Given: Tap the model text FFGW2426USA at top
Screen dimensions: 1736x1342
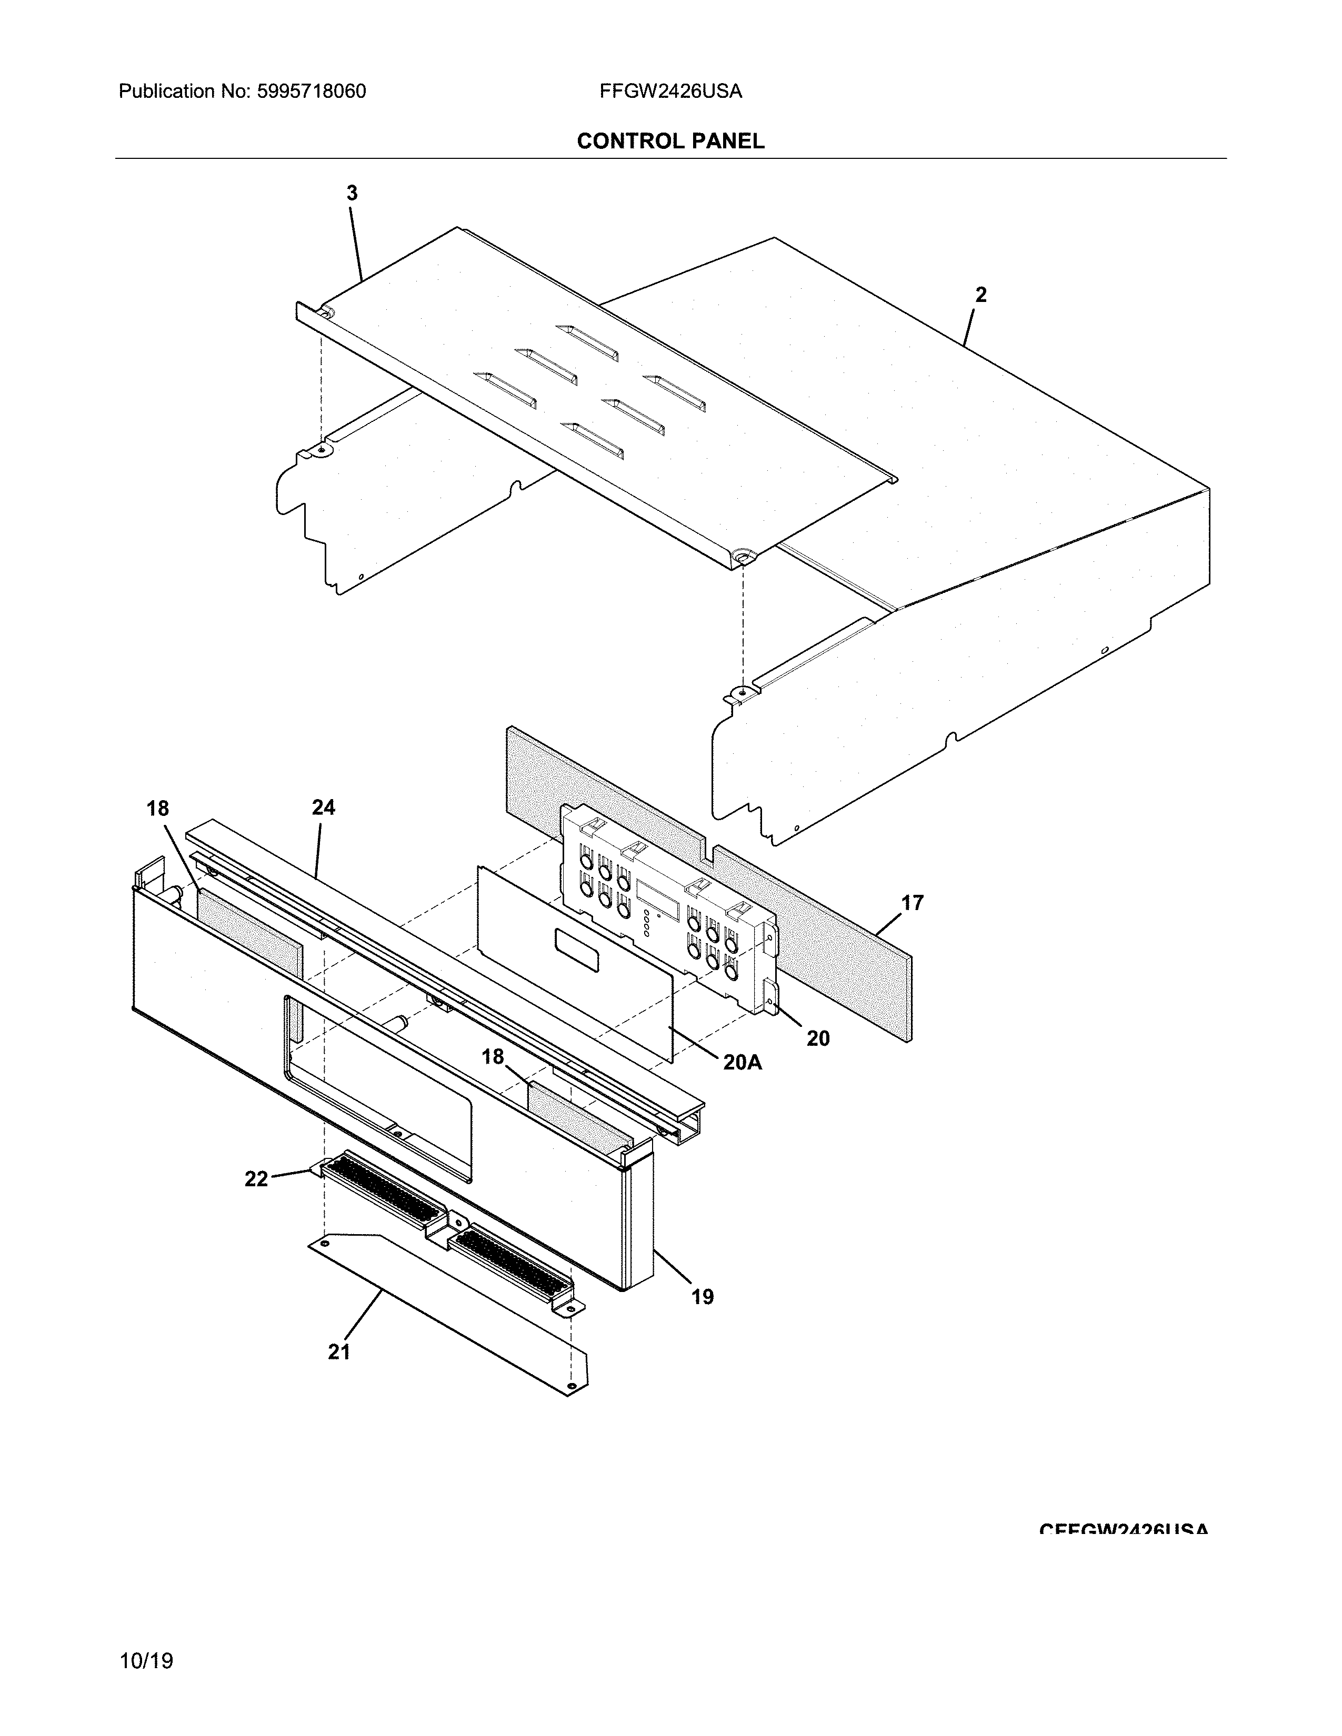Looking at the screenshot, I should click(x=670, y=92).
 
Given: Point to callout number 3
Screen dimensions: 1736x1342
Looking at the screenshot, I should click(x=352, y=193).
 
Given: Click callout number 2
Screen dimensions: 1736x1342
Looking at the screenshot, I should click(x=980, y=295).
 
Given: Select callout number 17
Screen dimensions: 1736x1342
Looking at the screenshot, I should click(x=912, y=903).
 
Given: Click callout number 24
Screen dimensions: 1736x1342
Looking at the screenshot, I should click(x=323, y=808).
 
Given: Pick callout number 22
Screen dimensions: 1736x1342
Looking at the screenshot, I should click(x=256, y=1179).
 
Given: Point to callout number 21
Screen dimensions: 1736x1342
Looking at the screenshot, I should click(x=339, y=1352).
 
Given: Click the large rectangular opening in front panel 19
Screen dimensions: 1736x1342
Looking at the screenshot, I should click(x=378, y=1089).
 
